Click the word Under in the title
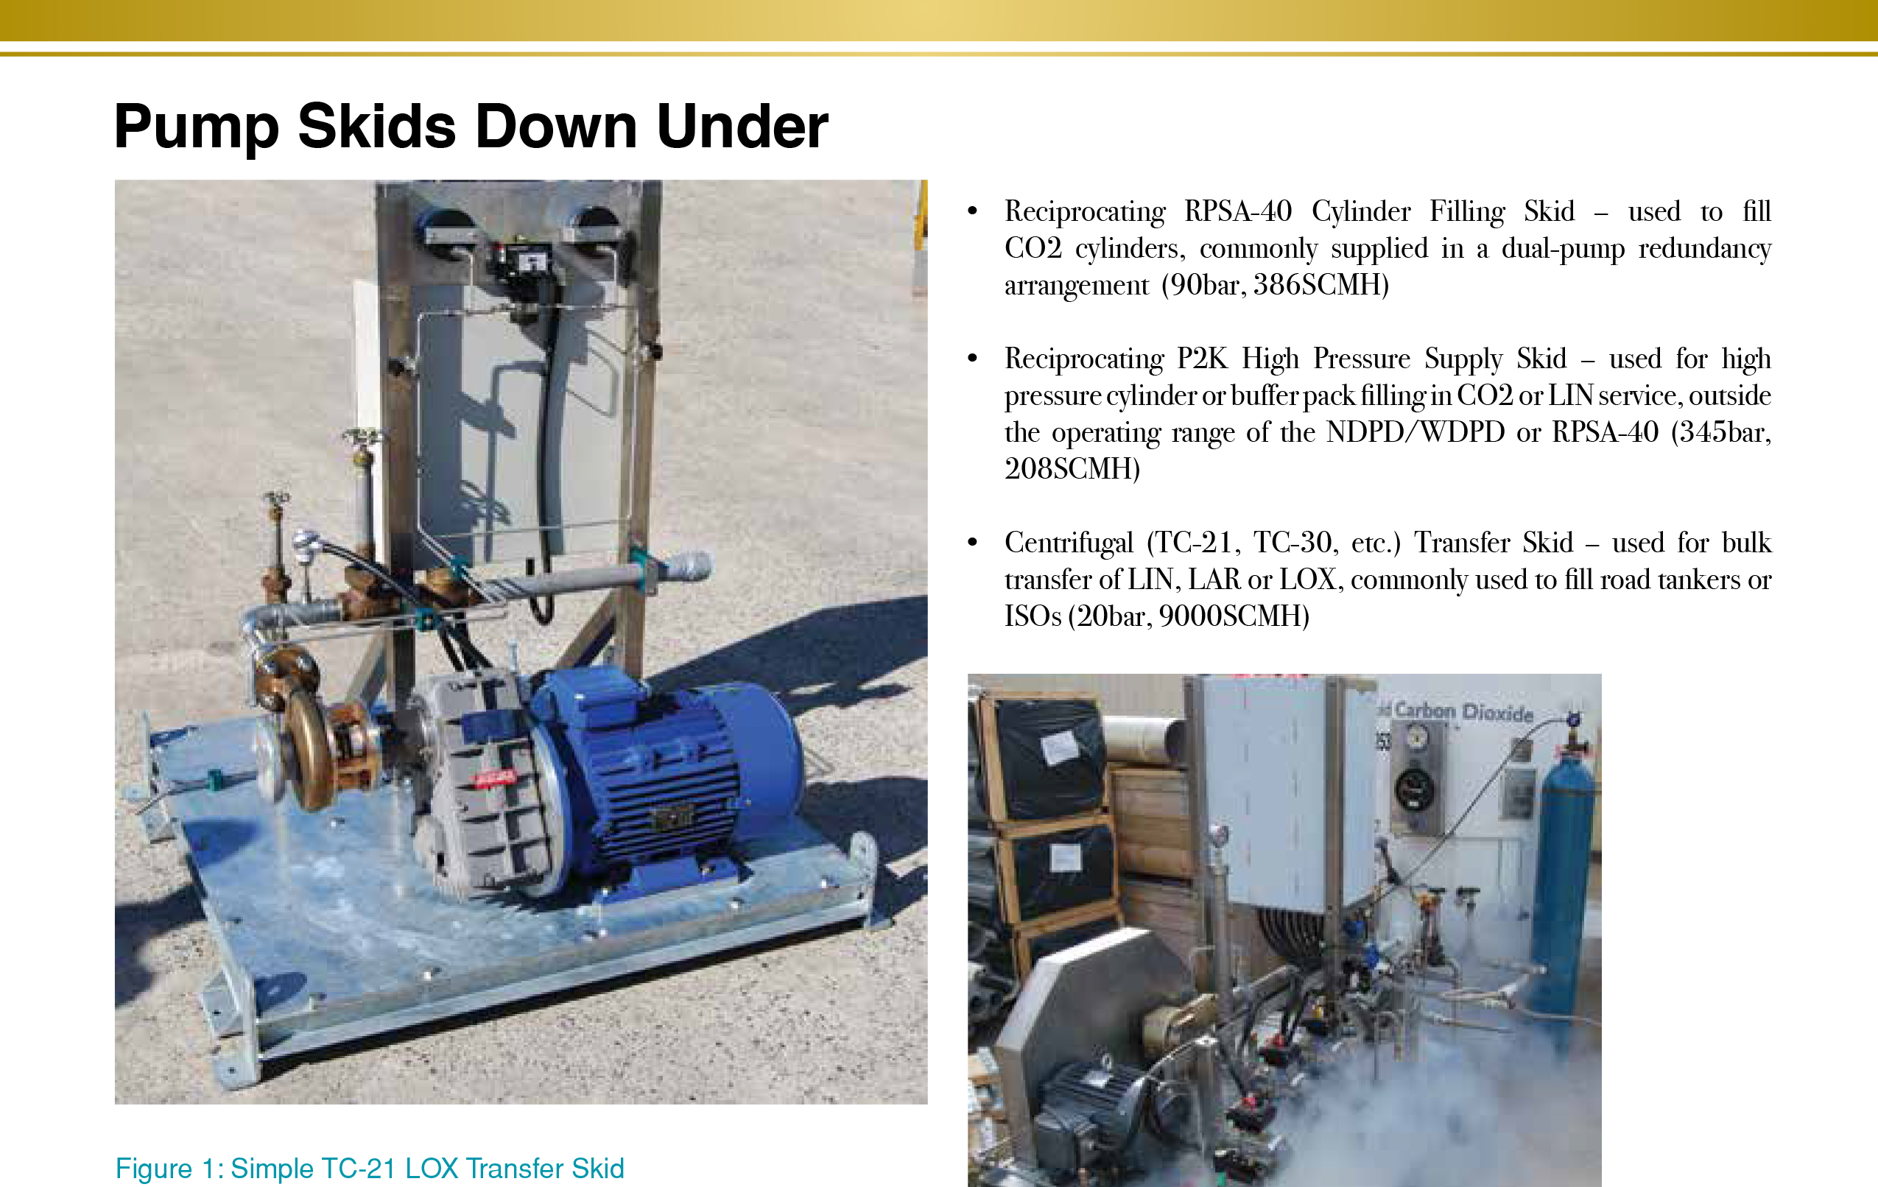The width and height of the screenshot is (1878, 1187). pyautogui.click(x=742, y=127)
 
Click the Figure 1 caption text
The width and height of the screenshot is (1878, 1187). pyautogui.click(x=370, y=1169)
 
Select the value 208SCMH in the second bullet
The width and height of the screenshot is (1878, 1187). pyautogui.click(x=1072, y=469)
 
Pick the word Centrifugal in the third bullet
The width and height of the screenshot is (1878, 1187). pyautogui.click(x=1069, y=543)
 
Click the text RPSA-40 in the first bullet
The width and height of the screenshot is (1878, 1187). pyautogui.click(x=1238, y=211)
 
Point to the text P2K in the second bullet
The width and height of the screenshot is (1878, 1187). pyautogui.click(x=1202, y=359)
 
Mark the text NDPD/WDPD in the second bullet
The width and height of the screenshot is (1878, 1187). pyautogui.click(x=1415, y=432)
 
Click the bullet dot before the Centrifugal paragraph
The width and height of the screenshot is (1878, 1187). pyautogui.click(x=973, y=543)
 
